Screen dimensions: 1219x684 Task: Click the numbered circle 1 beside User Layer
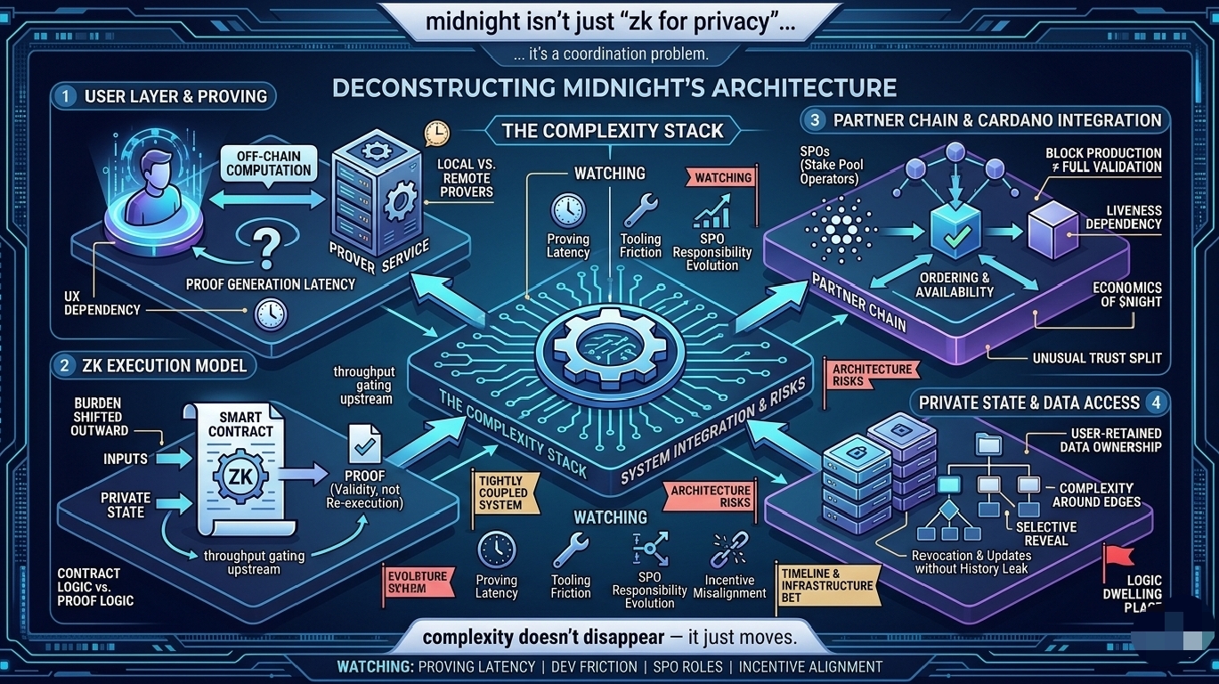65,95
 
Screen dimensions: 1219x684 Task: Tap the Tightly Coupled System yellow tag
503,493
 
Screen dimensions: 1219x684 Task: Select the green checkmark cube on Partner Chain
954,228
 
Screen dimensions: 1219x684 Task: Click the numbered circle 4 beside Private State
1156,402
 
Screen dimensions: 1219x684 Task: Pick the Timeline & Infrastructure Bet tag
826,585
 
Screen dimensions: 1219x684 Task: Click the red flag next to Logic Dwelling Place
1117,558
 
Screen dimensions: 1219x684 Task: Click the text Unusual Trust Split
1096,358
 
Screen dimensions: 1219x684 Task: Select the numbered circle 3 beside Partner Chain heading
812,119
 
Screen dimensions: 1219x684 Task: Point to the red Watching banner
723,178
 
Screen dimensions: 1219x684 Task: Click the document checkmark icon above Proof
364,443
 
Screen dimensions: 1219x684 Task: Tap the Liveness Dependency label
1123,217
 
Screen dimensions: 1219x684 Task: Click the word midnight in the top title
471,21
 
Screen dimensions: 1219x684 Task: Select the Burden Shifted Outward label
99,417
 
